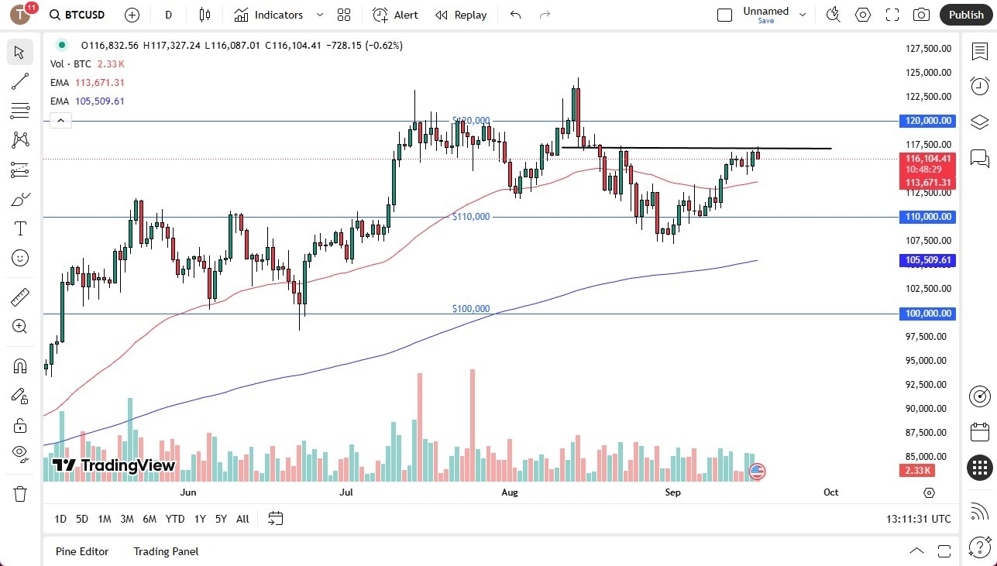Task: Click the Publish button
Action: tap(965, 15)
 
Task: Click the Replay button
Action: tap(461, 15)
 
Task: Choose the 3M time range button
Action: tap(127, 519)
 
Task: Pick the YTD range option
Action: tap(175, 519)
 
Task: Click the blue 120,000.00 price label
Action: tap(927, 121)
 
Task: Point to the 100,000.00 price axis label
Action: tap(927, 314)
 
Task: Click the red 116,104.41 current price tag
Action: tap(927, 158)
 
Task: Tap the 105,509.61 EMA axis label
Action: tap(927, 261)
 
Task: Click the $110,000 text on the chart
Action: tap(471, 217)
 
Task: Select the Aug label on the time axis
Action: tap(510, 492)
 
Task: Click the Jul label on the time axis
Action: tap(346, 492)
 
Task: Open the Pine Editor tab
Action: tap(82, 551)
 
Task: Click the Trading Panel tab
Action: tap(166, 551)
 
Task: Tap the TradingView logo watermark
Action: tap(114, 465)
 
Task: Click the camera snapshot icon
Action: tap(921, 15)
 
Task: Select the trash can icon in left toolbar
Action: tap(20, 493)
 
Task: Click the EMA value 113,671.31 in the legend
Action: tap(100, 83)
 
